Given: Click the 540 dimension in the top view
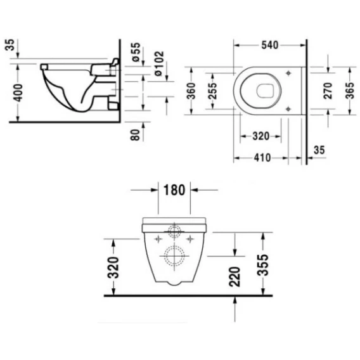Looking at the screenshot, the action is point(270,45).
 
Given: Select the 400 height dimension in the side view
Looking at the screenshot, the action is point(18,93).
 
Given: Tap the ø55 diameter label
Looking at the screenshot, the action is point(136,52).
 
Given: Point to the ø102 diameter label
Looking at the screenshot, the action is point(159,63).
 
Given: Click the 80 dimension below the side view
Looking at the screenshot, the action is point(135,135).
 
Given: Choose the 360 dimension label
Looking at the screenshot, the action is point(191,91).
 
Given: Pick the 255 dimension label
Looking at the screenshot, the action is point(212,91).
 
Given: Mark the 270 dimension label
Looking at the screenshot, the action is point(328,91).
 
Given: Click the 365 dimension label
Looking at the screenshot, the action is point(350,91).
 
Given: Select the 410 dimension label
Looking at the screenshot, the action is point(262,158).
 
